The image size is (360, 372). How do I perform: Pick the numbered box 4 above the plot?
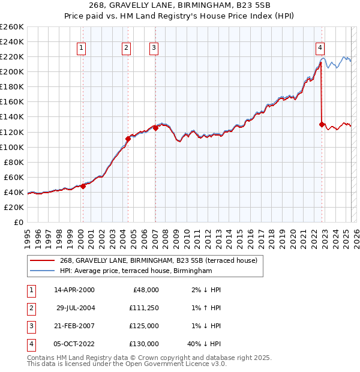click(320, 48)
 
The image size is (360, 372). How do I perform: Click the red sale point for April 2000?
click(83, 186)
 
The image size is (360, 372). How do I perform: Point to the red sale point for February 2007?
click(155, 128)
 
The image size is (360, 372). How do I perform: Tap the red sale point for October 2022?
click(322, 124)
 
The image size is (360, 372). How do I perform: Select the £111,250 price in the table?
click(144, 307)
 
